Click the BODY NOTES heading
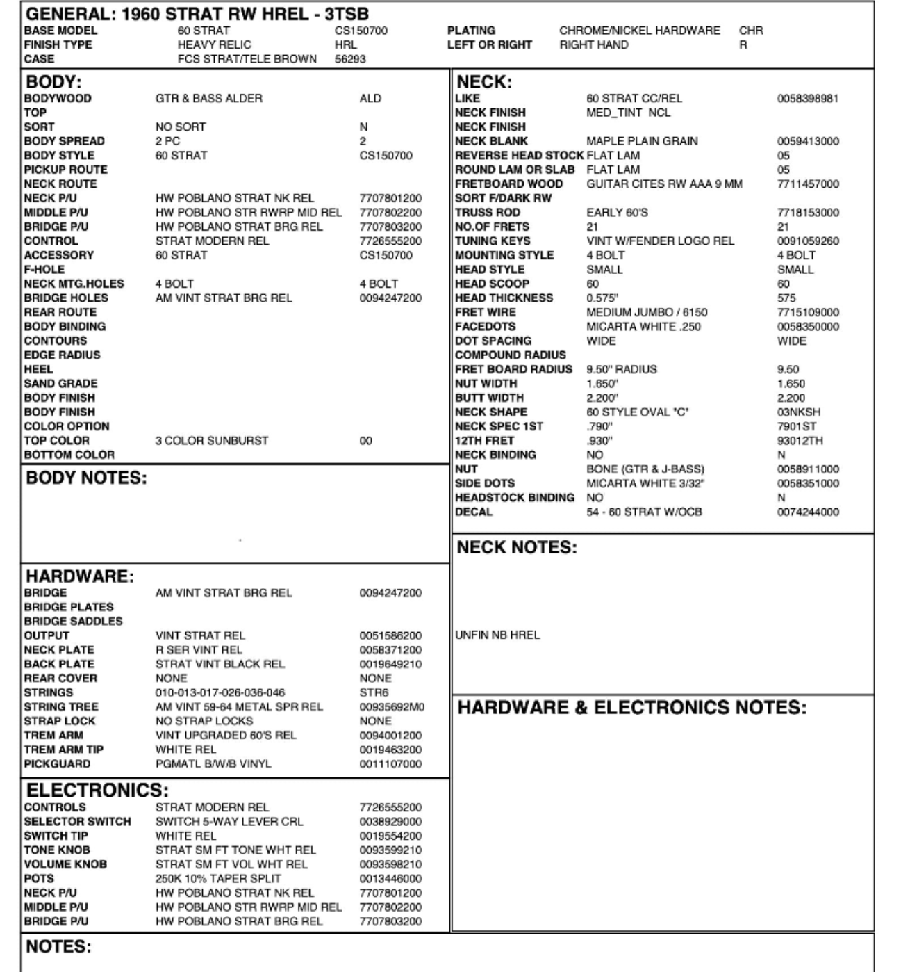click(x=86, y=478)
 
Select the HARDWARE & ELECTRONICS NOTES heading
click(x=632, y=708)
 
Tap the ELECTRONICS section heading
click(x=97, y=791)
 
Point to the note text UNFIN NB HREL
click(x=497, y=635)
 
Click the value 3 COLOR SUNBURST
click(x=212, y=441)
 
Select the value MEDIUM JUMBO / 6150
click(x=647, y=313)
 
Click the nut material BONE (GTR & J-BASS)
click(x=645, y=469)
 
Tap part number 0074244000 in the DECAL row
click(x=808, y=512)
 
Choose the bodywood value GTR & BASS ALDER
click(x=209, y=99)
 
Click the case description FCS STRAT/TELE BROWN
click(x=247, y=59)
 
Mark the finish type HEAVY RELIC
click(x=215, y=45)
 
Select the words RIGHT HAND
click(x=594, y=45)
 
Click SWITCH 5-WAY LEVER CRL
click(x=229, y=822)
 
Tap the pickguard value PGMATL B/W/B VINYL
click(x=213, y=764)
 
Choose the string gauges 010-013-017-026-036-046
click(x=220, y=693)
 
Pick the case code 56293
click(x=350, y=59)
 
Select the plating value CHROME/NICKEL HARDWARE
click(x=640, y=31)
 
